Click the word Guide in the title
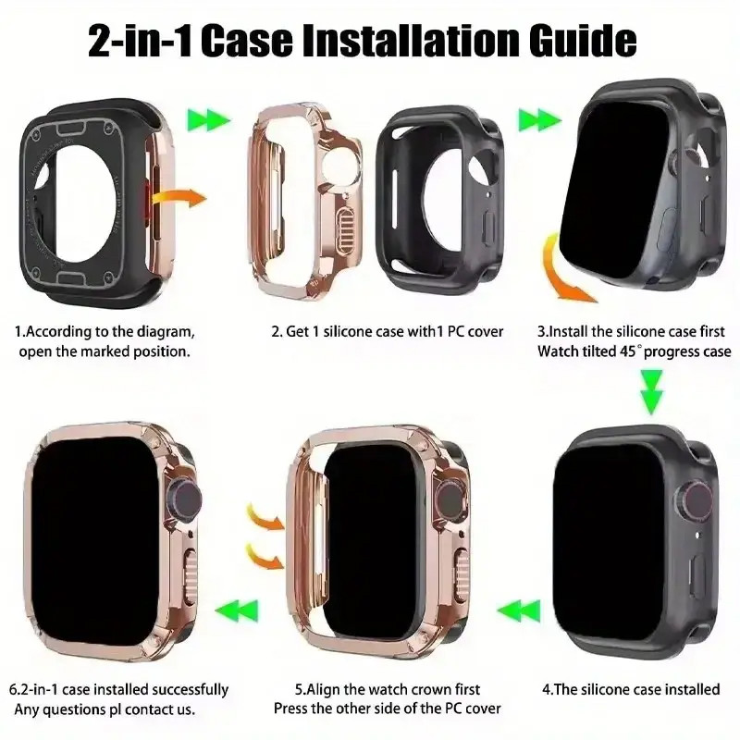pos(583,41)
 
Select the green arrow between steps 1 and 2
pos(209,120)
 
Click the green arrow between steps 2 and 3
pos(539,120)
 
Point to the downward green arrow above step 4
pos(652,391)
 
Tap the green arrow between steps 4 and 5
pos(518,611)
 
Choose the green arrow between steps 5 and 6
pos(237,611)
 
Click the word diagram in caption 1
pos(166,332)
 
